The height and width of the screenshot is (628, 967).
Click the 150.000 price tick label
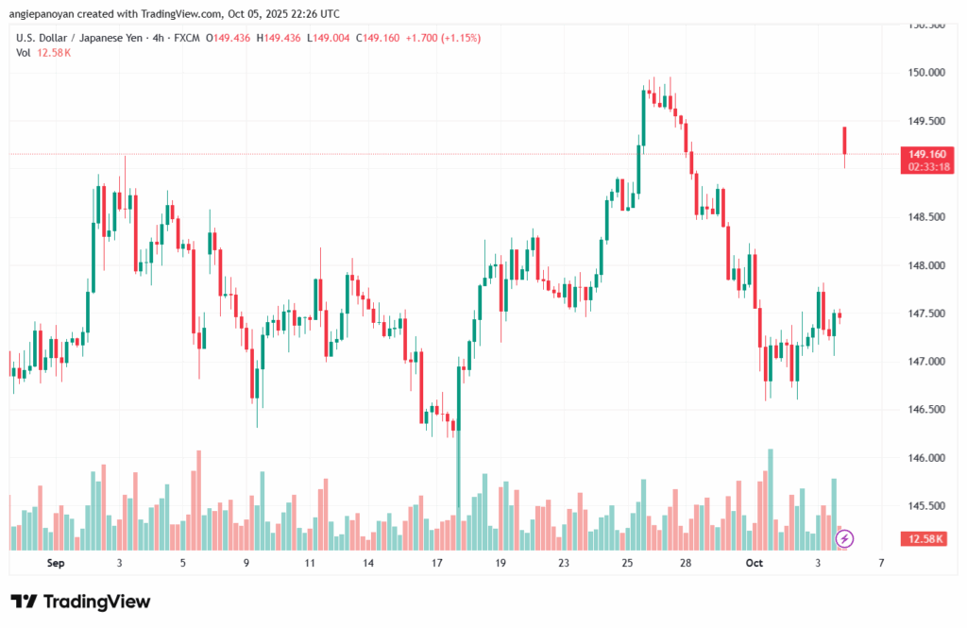click(x=926, y=73)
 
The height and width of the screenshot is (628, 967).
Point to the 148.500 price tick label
click(x=926, y=217)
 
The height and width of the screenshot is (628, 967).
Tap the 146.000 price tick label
click(x=926, y=459)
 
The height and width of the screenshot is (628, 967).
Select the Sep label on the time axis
click(x=54, y=563)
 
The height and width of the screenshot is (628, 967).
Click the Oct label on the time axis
click(x=754, y=563)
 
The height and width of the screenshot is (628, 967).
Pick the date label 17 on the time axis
click(x=437, y=563)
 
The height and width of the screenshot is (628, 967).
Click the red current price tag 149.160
click(x=926, y=154)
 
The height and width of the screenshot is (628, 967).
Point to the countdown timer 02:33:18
click(x=926, y=166)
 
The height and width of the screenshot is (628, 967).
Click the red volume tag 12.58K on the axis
click(x=926, y=538)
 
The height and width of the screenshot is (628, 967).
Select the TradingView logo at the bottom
click(x=80, y=602)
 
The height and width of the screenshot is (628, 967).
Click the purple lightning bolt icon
click(x=845, y=538)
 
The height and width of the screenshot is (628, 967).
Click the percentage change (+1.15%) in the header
click(x=459, y=38)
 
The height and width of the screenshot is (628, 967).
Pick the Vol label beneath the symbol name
click(x=24, y=52)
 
